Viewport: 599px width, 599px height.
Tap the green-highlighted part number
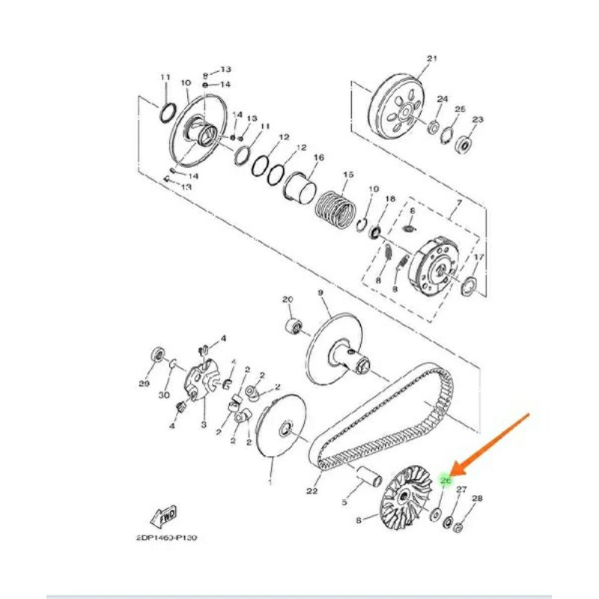(446, 479)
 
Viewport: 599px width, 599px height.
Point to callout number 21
(431, 58)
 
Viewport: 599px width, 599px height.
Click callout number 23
(478, 119)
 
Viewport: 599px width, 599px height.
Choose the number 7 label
(460, 204)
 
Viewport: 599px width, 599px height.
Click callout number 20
(287, 299)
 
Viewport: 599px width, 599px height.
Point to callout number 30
(164, 394)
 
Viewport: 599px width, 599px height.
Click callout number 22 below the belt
(311, 491)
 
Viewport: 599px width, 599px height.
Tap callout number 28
(477, 499)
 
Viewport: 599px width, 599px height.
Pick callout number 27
(462, 489)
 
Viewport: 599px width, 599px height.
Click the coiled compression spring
(335, 207)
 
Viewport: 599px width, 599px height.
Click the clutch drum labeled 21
(401, 104)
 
